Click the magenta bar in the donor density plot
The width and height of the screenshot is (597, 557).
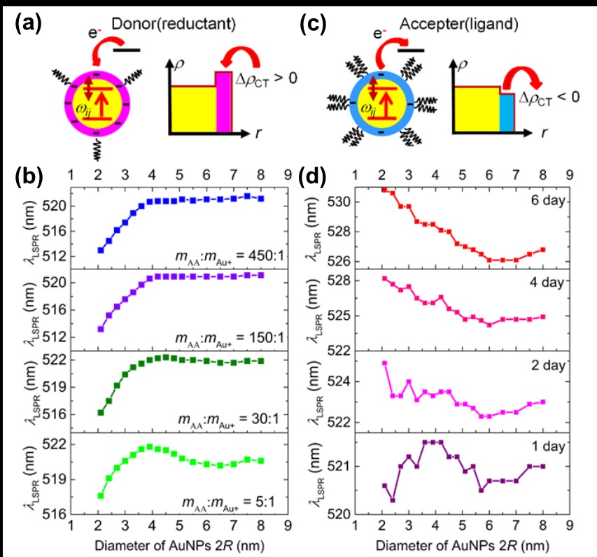pyautogui.click(x=223, y=101)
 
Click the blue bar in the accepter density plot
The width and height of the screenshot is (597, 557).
pyautogui.click(x=506, y=111)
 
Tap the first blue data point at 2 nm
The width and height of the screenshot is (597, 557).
pyautogui.click(x=101, y=250)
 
